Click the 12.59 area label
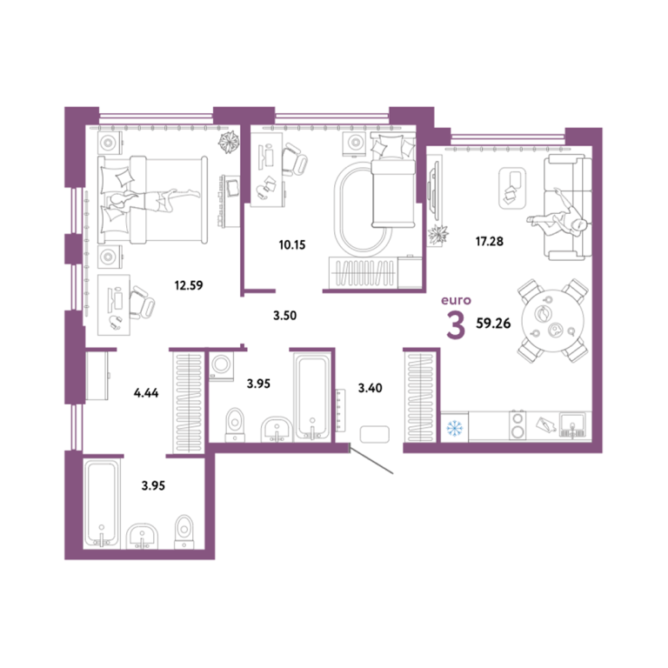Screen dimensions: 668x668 (x=188, y=285)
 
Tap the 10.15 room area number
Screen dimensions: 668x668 (x=292, y=245)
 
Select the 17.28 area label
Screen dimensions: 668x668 (x=489, y=242)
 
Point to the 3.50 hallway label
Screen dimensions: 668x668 (x=284, y=316)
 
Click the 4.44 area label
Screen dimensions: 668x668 (x=146, y=393)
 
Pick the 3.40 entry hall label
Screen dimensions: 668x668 (x=370, y=388)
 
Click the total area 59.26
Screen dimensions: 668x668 (x=493, y=324)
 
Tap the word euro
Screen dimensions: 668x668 (x=456, y=300)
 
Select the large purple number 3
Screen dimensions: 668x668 (x=456, y=325)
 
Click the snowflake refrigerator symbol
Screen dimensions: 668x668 (x=455, y=427)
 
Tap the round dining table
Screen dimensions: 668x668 (x=553, y=320)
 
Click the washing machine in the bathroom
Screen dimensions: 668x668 (x=222, y=364)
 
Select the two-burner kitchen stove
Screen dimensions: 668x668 (x=518, y=425)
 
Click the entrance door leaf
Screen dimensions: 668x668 (x=371, y=459)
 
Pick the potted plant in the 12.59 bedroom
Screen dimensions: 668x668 (x=228, y=142)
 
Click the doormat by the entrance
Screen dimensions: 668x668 (x=375, y=435)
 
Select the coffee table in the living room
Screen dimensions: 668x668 (x=512, y=188)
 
